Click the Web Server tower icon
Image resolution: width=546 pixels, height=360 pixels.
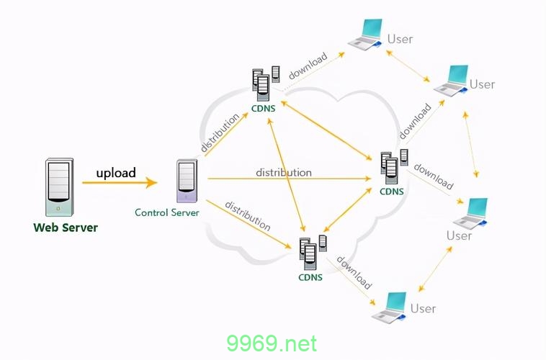[x=58, y=186]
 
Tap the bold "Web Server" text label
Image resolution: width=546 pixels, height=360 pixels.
[x=66, y=228]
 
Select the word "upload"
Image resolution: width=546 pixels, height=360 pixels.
[x=116, y=173]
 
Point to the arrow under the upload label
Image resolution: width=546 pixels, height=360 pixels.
[x=119, y=183]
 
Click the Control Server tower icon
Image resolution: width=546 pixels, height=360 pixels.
[x=187, y=181]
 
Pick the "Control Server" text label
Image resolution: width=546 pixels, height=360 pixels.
[x=167, y=212]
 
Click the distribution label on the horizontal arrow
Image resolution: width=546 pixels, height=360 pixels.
[x=284, y=173]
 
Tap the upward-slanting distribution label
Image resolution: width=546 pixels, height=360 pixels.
[x=220, y=132]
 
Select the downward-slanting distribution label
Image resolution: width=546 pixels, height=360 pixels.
[x=247, y=216]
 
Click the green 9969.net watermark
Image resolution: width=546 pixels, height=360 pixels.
[x=272, y=343]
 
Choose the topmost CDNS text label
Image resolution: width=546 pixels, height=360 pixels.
[x=263, y=109]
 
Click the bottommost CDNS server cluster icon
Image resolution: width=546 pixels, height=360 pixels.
[x=310, y=252]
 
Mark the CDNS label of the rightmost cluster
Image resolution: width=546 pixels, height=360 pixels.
[x=391, y=192]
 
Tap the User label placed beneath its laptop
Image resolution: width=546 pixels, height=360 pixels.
[x=459, y=235]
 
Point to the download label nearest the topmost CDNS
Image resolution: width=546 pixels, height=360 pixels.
[x=308, y=66]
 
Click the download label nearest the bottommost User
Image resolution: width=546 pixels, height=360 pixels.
[x=354, y=273]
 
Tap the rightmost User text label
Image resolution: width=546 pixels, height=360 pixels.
[x=482, y=84]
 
